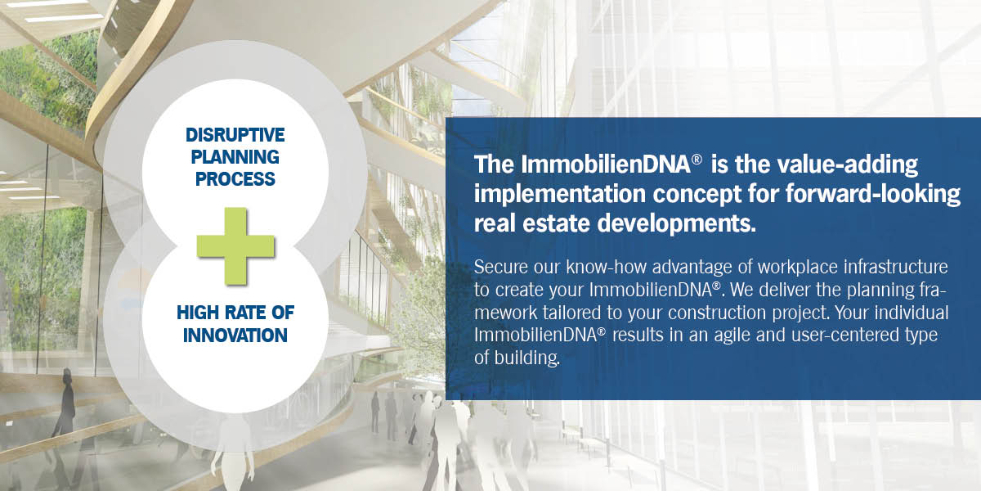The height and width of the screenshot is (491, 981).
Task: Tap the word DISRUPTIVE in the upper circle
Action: click(236, 134)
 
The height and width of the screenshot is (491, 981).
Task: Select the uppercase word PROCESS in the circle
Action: click(236, 178)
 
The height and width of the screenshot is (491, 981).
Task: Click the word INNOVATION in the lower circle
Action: click(235, 336)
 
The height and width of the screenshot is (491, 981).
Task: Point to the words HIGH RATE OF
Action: click(235, 313)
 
